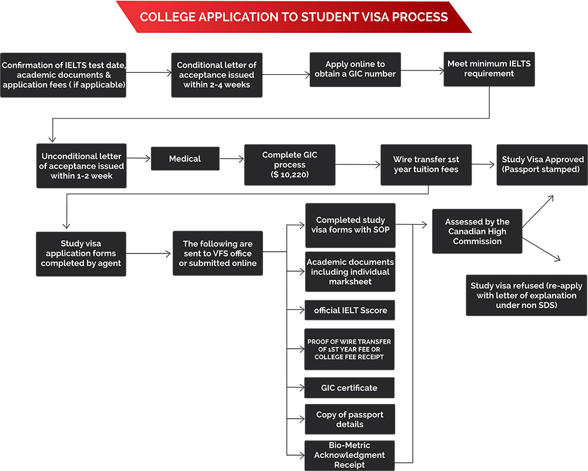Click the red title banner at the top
294,16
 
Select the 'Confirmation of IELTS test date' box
63,75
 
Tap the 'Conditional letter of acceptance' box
216,75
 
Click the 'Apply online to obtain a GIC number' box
355,69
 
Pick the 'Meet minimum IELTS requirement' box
489,69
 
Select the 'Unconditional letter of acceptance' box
81,166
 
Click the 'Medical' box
185,159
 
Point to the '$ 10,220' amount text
289,175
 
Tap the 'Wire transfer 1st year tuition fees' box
426,165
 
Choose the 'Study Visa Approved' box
542,164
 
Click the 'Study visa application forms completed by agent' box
81,253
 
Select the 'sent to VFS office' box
218,253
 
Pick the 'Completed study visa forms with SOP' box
350,225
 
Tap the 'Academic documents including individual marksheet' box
350,272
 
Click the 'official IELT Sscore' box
350,310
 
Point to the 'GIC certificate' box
350,388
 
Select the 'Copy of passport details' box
350,419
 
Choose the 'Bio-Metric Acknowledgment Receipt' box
350,455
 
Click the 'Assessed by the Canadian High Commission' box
477,232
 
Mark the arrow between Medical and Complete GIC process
232,159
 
